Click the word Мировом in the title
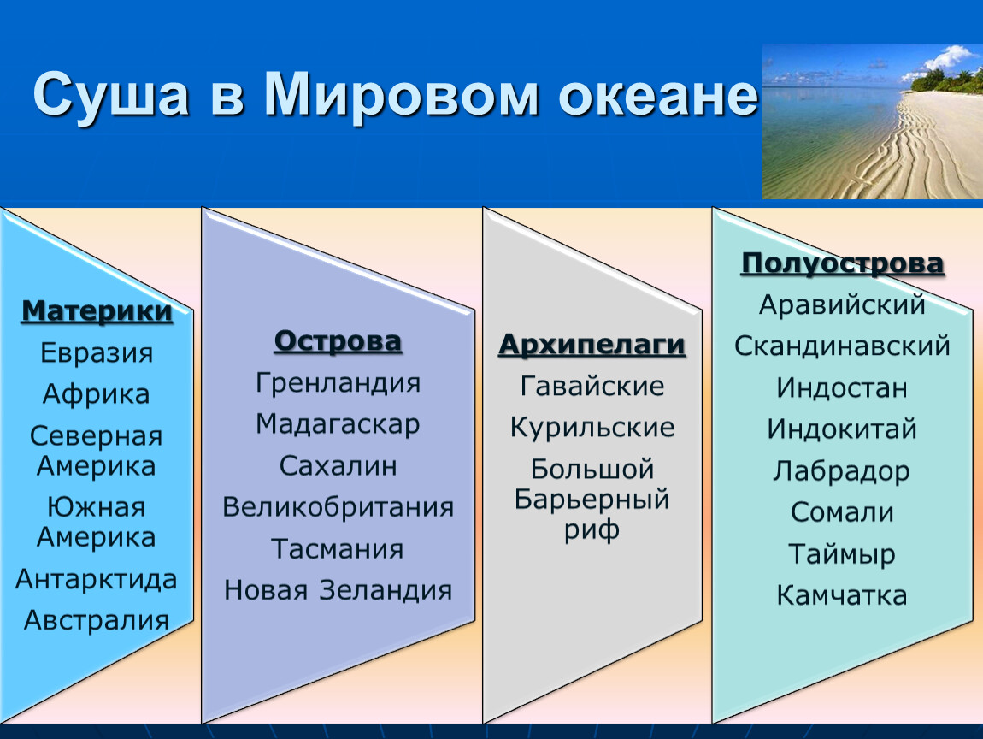(x=401, y=95)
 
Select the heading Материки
(x=97, y=311)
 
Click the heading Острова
(x=338, y=341)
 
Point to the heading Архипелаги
(x=592, y=345)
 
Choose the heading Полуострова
(x=842, y=263)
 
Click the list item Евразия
(x=97, y=353)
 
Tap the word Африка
(x=97, y=395)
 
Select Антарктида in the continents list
(x=97, y=580)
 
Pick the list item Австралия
(x=97, y=620)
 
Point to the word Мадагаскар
(x=338, y=425)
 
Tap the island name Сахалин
(x=338, y=466)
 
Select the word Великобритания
(x=338, y=507)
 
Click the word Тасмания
(x=338, y=549)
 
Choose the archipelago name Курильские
(x=592, y=428)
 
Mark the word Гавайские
(x=592, y=386)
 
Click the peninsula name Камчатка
(x=842, y=595)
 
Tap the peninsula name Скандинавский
(x=842, y=346)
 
